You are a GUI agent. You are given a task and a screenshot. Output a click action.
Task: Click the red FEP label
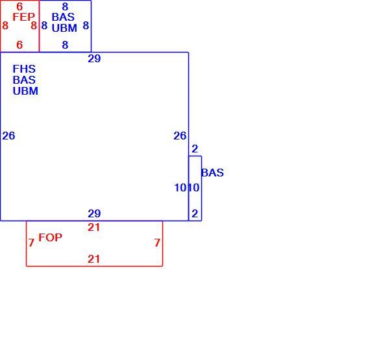pyautogui.click(x=23, y=17)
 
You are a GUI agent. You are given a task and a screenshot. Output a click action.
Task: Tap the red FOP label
pyautogui.click(x=51, y=237)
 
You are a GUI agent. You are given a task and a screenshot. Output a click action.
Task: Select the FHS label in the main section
pyautogui.click(x=24, y=69)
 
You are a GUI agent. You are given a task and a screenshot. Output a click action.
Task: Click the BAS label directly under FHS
pyautogui.click(x=24, y=80)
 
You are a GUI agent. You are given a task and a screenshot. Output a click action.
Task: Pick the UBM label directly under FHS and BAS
pyautogui.click(x=25, y=91)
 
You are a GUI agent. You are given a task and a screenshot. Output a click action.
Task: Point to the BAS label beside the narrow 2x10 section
pyautogui.click(x=212, y=173)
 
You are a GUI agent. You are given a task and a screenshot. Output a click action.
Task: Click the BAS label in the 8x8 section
pyautogui.click(x=63, y=17)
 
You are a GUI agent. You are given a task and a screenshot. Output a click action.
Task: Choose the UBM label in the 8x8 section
pyautogui.click(x=64, y=28)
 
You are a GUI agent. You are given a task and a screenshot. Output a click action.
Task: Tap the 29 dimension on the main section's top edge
pyautogui.click(x=94, y=58)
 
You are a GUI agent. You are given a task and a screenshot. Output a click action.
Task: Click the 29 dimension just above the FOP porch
pyautogui.click(x=94, y=213)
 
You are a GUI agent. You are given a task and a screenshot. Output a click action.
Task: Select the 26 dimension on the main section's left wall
pyautogui.click(x=8, y=136)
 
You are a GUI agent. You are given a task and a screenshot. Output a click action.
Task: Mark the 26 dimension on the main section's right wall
pyautogui.click(x=180, y=136)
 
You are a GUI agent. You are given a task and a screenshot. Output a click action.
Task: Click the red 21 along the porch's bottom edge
pyautogui.click(x=93, y=259)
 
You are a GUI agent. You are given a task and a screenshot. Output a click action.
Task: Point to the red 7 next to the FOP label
pyautogui.click(x=31, y=243)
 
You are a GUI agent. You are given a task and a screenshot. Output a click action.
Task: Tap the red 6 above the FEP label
pyautogui.click(x=19, y=6)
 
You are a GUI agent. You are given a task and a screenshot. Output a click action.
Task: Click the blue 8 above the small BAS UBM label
pyautogui.click(x=65, y=6)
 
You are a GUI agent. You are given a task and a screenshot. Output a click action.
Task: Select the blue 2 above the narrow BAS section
pyautogui.click(x=195, y=149)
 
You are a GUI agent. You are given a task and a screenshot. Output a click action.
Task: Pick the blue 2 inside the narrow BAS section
pyautogui.click(x=195, y=213)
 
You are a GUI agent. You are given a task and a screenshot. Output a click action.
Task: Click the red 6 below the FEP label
pyautogui.click(x=19, y=45)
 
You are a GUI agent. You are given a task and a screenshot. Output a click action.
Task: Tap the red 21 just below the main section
pyautogui.click(x=93, y=228)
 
